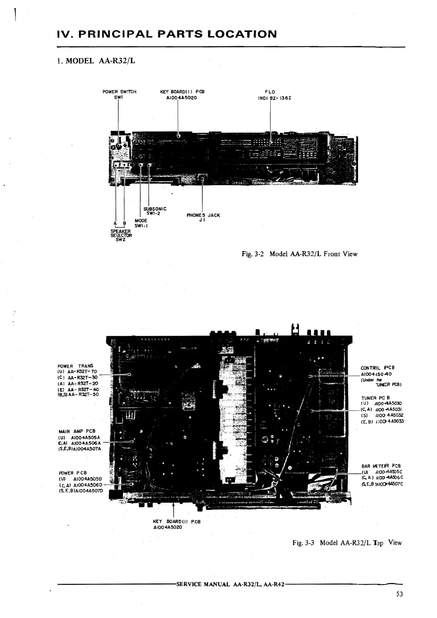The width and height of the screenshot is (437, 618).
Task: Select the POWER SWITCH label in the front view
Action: click(119, 92)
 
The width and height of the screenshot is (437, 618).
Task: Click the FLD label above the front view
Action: click(270, 92)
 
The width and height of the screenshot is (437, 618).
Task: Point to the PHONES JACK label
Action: click(203, 215)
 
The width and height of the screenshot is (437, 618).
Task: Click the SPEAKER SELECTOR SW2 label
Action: click(120, 233)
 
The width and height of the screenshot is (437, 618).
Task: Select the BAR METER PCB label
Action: click(381, 466)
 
